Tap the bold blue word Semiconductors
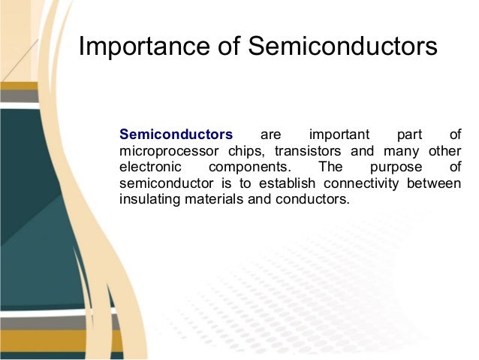[176, 135]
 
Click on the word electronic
[150, 168]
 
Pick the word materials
[212, 201]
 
